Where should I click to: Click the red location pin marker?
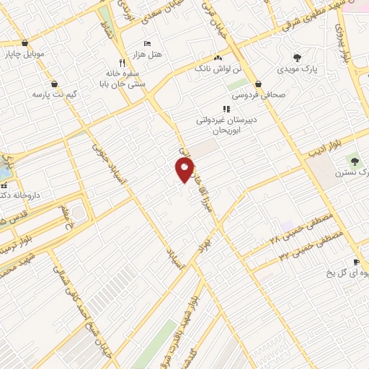point(184,170)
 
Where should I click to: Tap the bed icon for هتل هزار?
point(148,43)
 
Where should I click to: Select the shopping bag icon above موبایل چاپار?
point(26,43)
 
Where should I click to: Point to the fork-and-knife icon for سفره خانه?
point(122,63)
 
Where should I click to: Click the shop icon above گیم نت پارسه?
point(55,84)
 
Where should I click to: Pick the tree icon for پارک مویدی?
point(296,58)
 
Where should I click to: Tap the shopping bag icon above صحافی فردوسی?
point(258,84)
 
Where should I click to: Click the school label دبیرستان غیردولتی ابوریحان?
point(226,125)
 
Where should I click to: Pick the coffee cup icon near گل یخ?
point(355,262)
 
